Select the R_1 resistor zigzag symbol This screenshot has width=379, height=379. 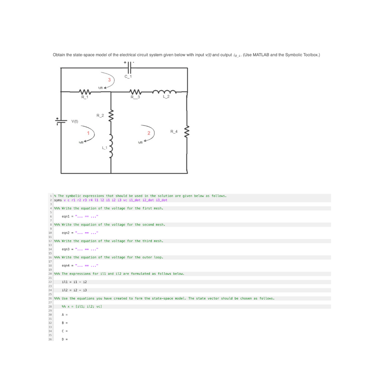click(85, 92)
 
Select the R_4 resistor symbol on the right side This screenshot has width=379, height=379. click(187, 132)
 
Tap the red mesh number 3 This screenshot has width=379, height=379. click(109, 80)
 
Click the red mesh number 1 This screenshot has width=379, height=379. click(89, 132)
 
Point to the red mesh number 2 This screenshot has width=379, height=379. click(149, 133)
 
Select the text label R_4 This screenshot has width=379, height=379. click(174, 132)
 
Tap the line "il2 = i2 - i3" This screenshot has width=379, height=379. click(74, 290)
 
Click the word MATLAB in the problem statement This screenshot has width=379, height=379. click(262, 55)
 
